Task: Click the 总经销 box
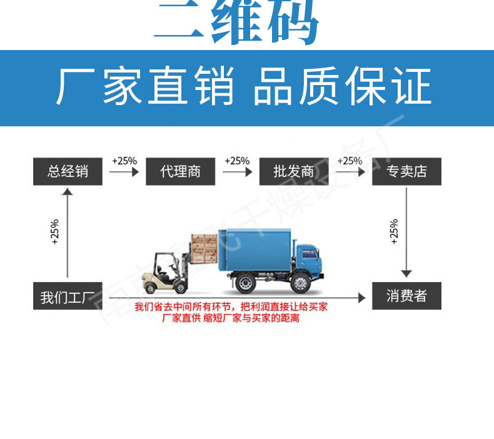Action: coord(68,171)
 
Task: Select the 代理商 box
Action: coord(180,171)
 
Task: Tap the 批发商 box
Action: coord(293,171)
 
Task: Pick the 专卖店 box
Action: coord(406,171)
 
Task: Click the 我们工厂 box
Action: coord(68,296)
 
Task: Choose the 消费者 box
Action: coord(406,296)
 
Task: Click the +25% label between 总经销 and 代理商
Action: coord(124,161)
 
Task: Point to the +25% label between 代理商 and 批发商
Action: coord(237,161)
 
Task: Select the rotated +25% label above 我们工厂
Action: coord(54,231)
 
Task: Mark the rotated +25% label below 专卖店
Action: coord(393,231)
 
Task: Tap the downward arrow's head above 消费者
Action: coord(406,273)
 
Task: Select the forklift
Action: coord(166,272)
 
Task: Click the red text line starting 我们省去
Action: coord(231,307)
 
